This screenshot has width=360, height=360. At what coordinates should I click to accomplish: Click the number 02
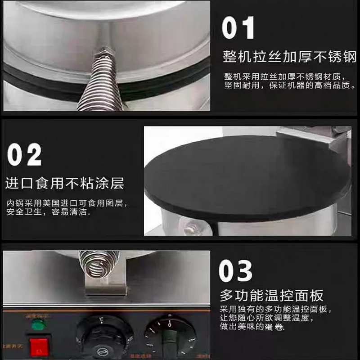point(24,155)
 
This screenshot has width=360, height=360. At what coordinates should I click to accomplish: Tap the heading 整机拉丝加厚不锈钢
point(290,57)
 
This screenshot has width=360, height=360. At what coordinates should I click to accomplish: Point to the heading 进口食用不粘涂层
point(65,184)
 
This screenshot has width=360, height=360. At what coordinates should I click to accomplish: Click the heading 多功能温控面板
point(271,296)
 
